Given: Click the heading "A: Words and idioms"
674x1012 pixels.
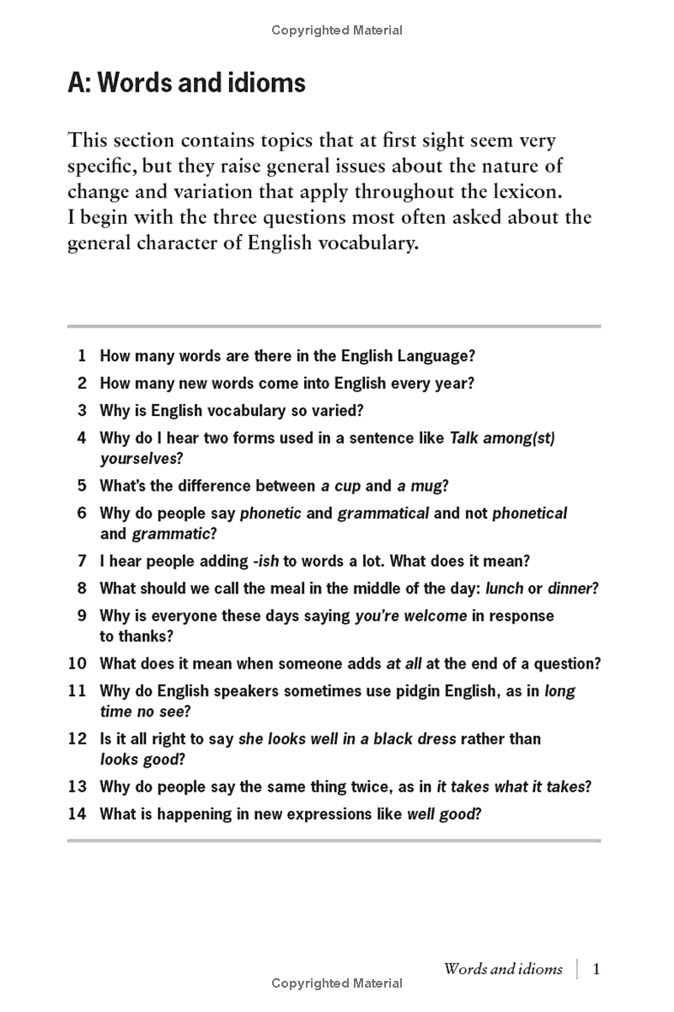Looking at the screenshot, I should [186, 84].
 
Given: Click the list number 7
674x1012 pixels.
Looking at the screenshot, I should [82, 561].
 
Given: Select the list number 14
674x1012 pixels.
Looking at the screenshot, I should [78, 814].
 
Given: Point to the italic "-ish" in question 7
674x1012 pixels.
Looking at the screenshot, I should [265, 561].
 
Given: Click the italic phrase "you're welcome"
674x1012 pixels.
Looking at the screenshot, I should [410, 615].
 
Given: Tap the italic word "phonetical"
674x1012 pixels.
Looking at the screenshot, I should [529, 513].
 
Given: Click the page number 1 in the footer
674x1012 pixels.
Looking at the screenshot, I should [596, 968].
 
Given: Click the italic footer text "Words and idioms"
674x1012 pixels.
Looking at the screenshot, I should [502, 968].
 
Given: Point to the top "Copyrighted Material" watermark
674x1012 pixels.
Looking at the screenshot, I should [337, 30].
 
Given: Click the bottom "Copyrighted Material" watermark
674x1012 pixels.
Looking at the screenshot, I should [337, 983].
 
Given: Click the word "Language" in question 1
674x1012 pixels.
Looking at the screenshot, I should [431, 355].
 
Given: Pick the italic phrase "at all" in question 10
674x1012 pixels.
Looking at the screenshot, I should [404, 663].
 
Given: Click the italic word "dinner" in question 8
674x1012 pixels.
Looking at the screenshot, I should [570, 589].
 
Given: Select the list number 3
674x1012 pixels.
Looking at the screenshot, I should [82, 411].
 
